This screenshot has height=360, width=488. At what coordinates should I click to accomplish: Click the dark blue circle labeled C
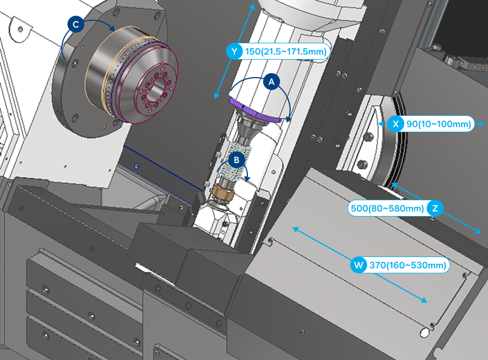pyautogui.click(x=76, y=24)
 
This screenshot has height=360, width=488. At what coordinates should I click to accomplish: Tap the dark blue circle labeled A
pyautogui.click(x=272, y=82)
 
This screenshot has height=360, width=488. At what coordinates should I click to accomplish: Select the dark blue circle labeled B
pyautogui.click(x=236, y=160)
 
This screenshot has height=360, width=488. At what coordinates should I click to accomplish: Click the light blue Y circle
pyautogui.click(x=234, y=51)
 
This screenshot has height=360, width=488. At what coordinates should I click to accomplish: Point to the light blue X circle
pyautogui.click(x=396, y=124)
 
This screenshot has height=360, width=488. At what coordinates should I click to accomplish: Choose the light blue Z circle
pyautogui.click(x=435, y=208)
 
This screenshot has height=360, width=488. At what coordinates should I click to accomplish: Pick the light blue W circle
pyautogui.click(x=359, y=265)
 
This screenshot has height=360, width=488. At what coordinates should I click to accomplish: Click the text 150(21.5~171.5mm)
pyautogui.click(x=286, y=51)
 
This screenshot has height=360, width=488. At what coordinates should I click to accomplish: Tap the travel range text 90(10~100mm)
pyautogui.click(x=439, y=124)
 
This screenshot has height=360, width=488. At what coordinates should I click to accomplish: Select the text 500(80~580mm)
pyautogui.click(x=387, y=208)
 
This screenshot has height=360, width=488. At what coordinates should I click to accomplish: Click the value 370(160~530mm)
pyautogui.click(x=408, y=265)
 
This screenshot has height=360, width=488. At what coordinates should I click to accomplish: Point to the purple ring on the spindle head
pyautogui.click(x=255, y=111)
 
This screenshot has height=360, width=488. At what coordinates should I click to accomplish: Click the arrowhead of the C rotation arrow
pyautogui.click(x=112, y=28)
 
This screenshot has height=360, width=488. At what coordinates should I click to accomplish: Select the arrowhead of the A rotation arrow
pyautogui.click(x=289, y=119)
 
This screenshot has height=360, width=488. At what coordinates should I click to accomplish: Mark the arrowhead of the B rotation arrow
pyautogui.click(x=247, y=179)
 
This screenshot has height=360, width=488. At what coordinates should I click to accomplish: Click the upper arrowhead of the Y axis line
pyautogui.click(x=253, y=6)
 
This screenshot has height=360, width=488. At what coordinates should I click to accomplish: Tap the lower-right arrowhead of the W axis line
pyautogui.click(x=423, y=300)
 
